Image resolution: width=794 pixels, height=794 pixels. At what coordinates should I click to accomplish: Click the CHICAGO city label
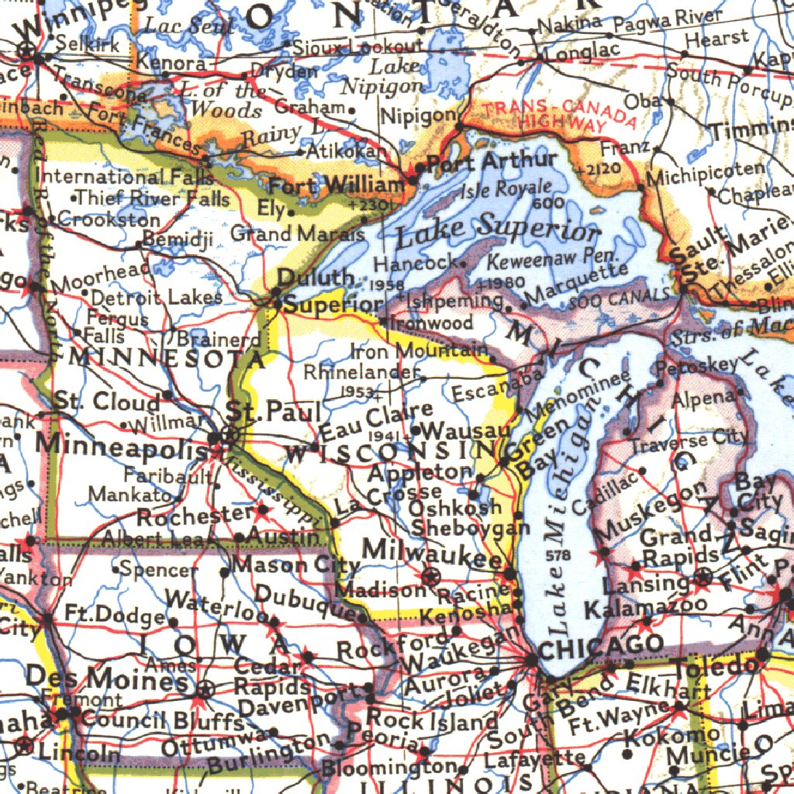[600, 645]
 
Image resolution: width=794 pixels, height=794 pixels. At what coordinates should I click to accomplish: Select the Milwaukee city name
[433, 550]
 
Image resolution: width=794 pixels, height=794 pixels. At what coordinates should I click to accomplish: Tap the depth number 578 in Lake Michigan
[558, 555]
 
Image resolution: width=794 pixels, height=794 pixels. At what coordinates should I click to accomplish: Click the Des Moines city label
[107, 679]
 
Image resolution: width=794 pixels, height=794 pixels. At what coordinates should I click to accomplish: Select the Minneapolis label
[122, 445]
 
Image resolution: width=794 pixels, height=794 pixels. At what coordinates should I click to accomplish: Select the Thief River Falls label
[153, 198]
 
